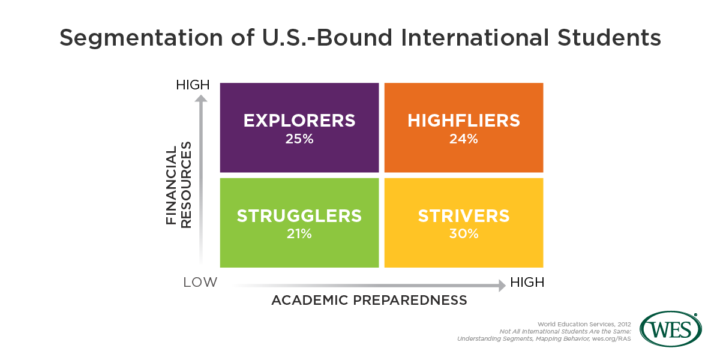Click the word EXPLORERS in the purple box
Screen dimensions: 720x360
coord(299,121)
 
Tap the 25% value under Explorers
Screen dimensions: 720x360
coord(299,139)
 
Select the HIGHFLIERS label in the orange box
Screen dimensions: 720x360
coord(463,121)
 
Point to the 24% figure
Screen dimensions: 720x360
coord(463,139)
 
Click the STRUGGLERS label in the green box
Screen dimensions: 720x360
coord(299,215)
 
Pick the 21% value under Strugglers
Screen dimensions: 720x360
coord(299,233)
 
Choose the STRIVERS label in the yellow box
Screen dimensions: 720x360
coord(464,215)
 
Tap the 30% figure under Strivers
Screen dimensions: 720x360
coord(464,233)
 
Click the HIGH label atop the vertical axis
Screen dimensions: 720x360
coord(193,85)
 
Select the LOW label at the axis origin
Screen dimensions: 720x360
coord(200,282)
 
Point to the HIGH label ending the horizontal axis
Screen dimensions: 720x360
coord(527,282)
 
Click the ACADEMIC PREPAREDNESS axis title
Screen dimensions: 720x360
coord(369,300)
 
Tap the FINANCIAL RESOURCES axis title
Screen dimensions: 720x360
coord(178,185)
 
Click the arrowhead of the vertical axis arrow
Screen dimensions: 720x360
coord(201,98)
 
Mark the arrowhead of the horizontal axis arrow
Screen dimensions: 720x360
coord(502,286)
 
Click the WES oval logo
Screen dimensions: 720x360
coord(671,329)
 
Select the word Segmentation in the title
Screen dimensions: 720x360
coord(141,38)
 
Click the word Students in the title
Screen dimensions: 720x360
coord(609,37)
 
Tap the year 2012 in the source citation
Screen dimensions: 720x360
coord(624,325)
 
